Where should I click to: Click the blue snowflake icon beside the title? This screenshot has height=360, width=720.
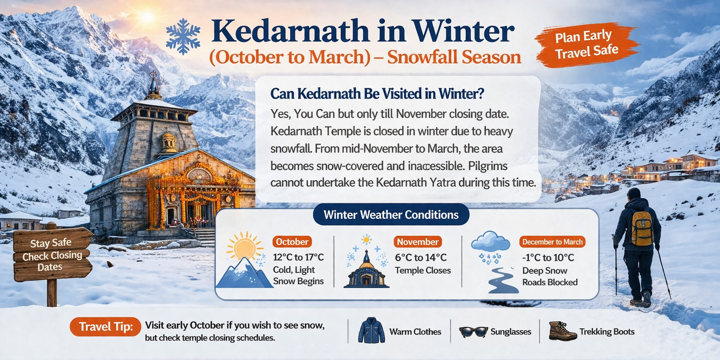pyautogui.click(x=183, y=36)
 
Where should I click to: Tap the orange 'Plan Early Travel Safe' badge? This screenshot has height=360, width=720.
pyautogui.click(x=586, y=44)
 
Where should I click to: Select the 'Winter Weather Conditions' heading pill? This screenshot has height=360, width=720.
pyautogui.click(x=391, y=215)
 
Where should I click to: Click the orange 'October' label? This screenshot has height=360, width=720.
pyautogui.click(x=292, y=242)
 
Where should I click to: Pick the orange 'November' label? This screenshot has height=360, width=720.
pyautogui.click(x=418, y=242)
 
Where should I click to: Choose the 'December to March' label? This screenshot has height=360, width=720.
pyautogui.click(x=552, y=242)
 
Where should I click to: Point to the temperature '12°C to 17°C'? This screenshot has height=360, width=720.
pyautogui.click(x=298, y=257)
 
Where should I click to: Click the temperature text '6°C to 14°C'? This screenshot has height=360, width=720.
pyautogui.click(x=420, y=257)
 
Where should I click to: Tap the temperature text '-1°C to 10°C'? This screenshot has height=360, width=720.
pyautogui.click(x=548, y=258)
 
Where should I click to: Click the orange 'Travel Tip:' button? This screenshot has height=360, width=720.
pyautogui.click(x=106, y=327)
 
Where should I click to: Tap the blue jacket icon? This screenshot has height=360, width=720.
pyautogui.click(x=371, y=331)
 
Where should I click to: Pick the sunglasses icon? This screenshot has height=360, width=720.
pyautogui.click(x=473, y=332)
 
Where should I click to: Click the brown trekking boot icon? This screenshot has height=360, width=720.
pyautogui.click(x=562, y=331)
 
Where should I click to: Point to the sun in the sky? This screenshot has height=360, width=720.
pyautogui.click(x=147, y=17)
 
